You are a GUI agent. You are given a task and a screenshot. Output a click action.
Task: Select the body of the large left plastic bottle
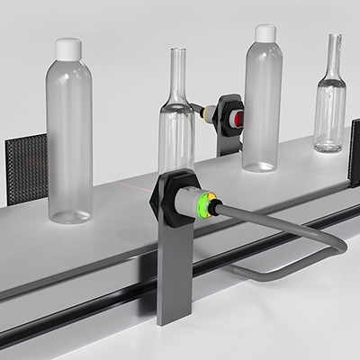click(x=69, y=135)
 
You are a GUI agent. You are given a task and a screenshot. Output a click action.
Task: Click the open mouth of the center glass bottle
click(x=177, y=50)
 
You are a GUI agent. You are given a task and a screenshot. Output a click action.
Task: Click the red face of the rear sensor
click(x=238, y=118)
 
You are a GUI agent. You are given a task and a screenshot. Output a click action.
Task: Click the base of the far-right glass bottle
click(x=329, y=143)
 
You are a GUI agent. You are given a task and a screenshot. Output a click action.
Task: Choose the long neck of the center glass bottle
click(x=177, y=81)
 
